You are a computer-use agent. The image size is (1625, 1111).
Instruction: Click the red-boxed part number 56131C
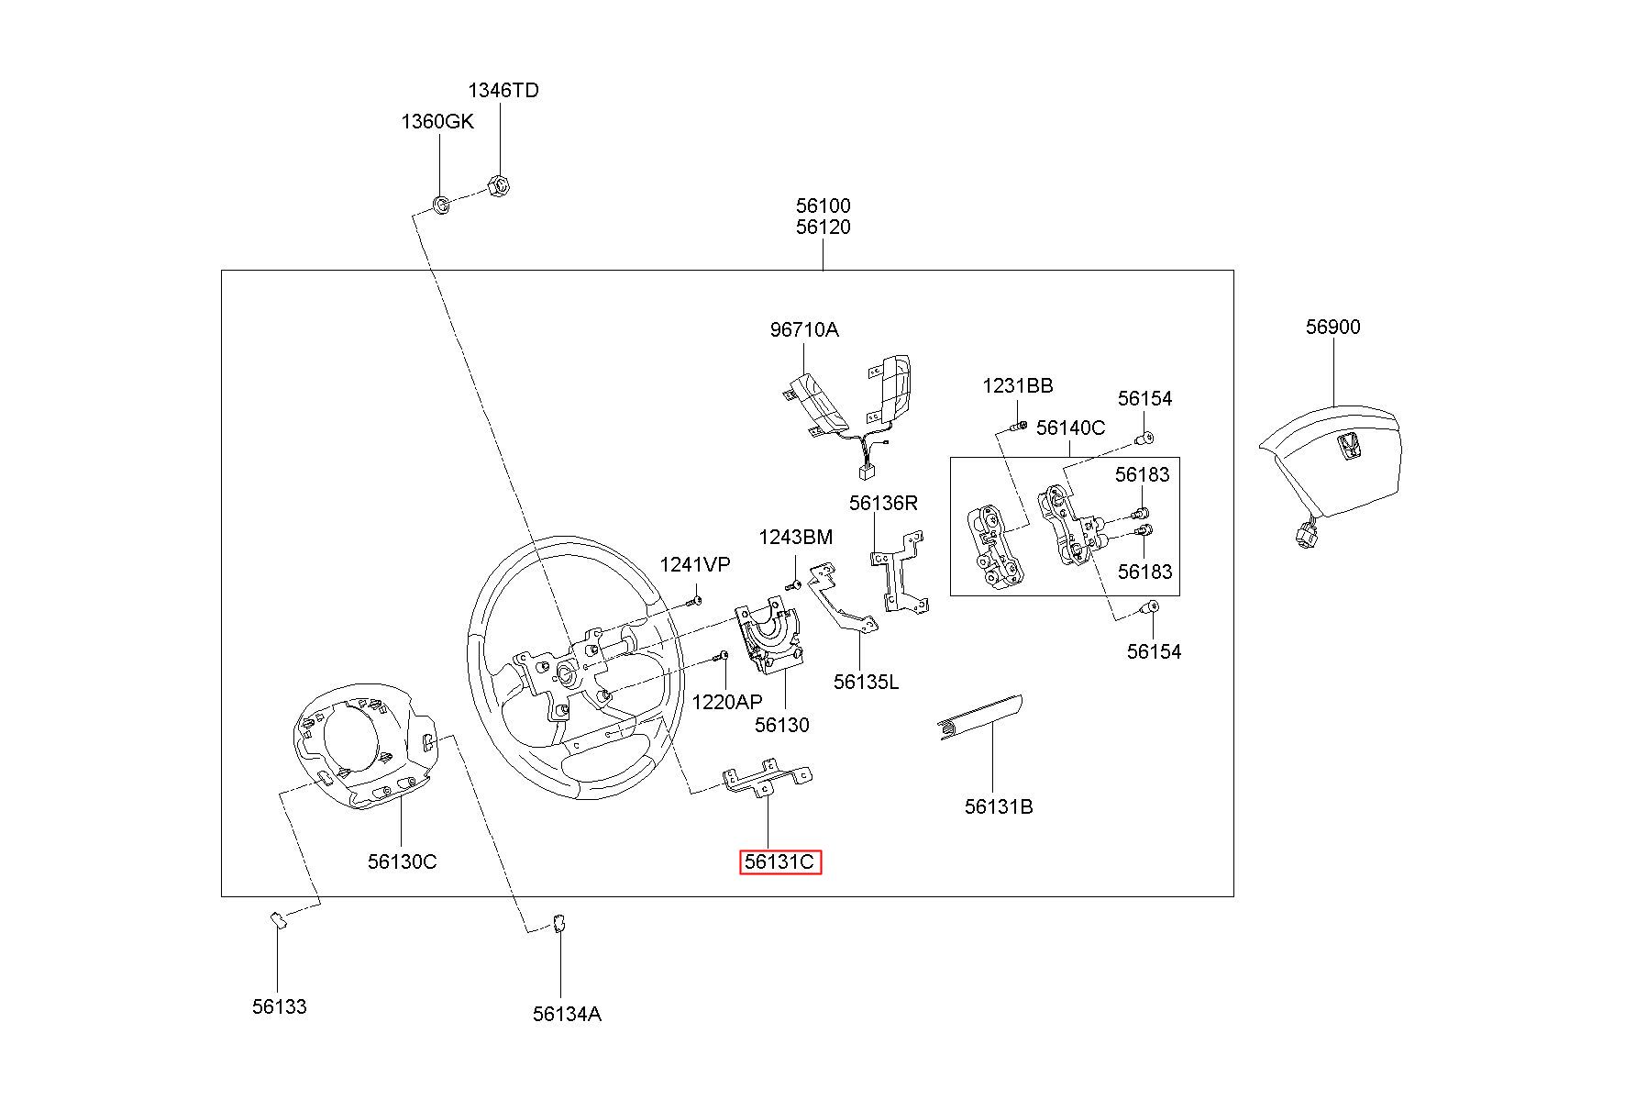tap(780, 862)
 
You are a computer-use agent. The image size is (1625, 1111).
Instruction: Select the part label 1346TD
tap(503, 90)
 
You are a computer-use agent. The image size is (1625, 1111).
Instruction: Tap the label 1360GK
tap(437, 121)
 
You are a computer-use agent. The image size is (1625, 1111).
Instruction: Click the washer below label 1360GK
tap(440, 204)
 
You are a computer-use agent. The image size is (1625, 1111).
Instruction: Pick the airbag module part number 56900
tap(1333, 327)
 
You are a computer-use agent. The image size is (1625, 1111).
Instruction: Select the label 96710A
tap(804, 329)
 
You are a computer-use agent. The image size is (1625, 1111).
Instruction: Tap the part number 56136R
tap(883, 503)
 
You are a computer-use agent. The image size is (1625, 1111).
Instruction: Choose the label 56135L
tap(867, 681)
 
